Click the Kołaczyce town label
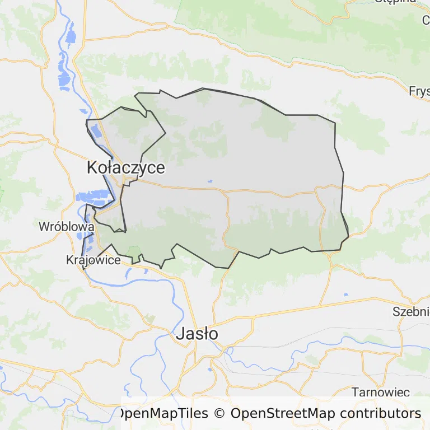click(x=126, y=167)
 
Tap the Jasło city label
click(x=197, y=334)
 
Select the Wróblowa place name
click(x=66, y=227)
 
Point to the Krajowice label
click(x=93, y=260)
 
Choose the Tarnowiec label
click(x=381, y=392)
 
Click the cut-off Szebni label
click(x=411, y=312)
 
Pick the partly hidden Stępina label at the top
click(x=395, y=2)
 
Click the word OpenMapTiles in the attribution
click(x=163, y=413)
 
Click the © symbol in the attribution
click(x=219, y=413)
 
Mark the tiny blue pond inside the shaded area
click(x=210, y=181)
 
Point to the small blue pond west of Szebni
click(x=345, y=294)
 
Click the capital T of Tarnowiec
click(x=355, y=392)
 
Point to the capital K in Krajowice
click(x=69, y=260)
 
